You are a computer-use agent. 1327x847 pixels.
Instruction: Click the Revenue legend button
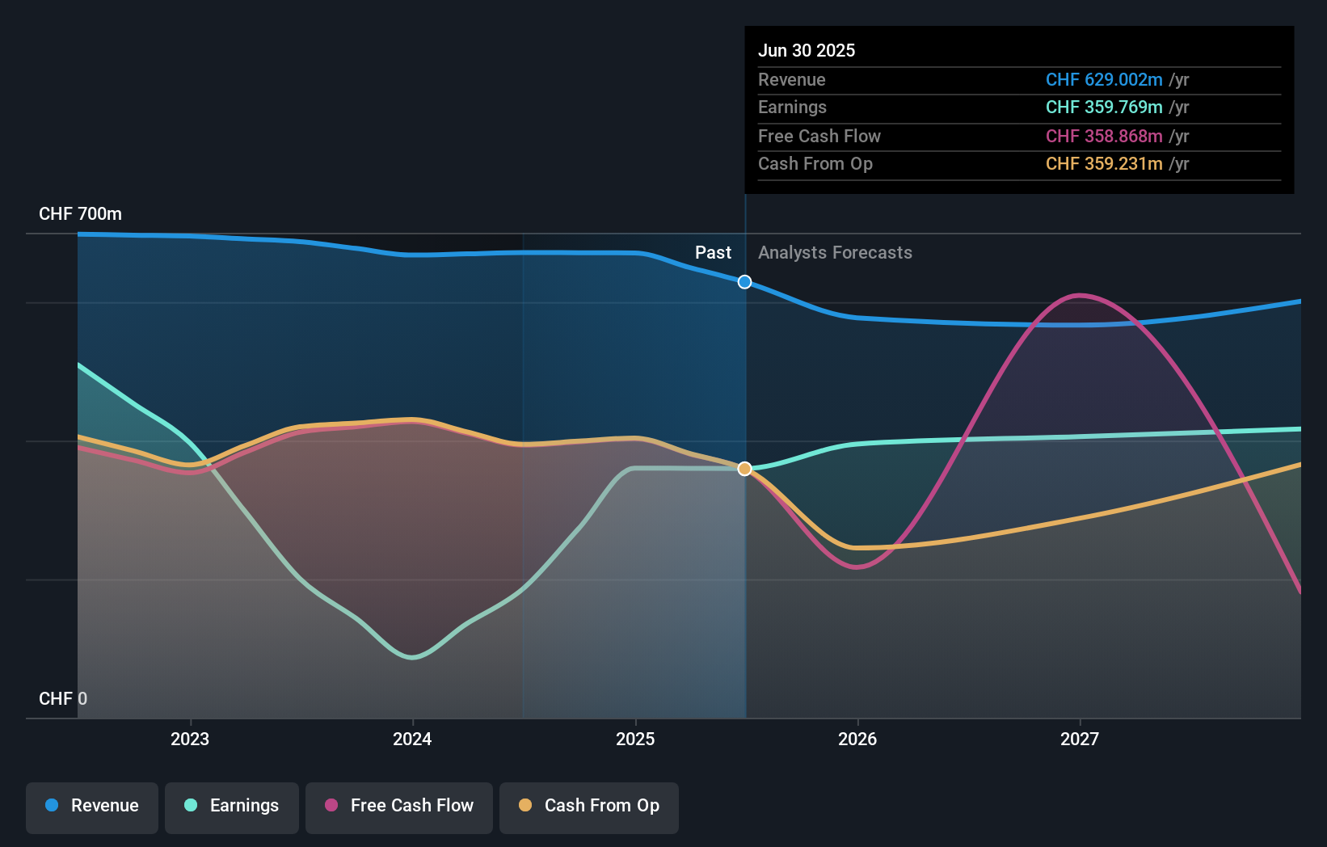coord(92,807)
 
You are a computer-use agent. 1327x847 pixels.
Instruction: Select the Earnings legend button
coord(232,807)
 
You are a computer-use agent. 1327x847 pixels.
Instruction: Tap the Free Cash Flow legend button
coord(399,807)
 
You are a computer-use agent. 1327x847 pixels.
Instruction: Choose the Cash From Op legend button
coord(589,807)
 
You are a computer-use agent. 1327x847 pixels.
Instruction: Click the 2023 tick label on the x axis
coord(190,739)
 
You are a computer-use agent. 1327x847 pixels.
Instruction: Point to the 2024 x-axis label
coord(412,739)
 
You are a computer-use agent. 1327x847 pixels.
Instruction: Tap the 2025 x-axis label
coord(635,739)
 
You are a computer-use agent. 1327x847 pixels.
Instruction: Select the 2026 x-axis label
coord(857,739)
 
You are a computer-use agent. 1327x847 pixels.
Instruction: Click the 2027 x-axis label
coord(1080,739)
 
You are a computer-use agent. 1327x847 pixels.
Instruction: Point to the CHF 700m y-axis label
coord(80,214)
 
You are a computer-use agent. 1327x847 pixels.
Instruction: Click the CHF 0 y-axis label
coord(63,698)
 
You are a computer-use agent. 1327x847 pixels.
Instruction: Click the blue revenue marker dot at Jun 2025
coord(745,282)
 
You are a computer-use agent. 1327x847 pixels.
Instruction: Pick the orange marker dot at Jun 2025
coord(745,469)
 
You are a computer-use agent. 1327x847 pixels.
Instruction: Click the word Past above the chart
coord(713,253)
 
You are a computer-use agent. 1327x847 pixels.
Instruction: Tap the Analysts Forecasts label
coord(835,253)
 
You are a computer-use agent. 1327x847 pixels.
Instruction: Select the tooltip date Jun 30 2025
coord(807,50)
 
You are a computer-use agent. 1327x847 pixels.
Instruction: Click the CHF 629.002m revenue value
coord(1104,79)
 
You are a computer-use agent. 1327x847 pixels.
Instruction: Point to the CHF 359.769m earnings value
coord(1104,107)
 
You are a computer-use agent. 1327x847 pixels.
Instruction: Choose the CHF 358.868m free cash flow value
coord(1104,136)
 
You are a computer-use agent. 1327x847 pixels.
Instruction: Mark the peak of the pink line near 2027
coord(1080,295)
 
